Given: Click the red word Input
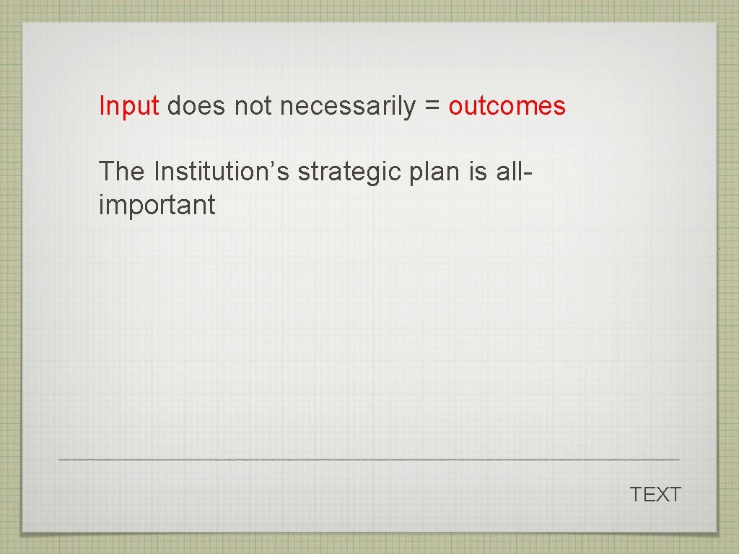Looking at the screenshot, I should [x=128, y=107].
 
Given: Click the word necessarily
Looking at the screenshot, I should [x=348, y=107].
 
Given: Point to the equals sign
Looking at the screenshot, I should [x=432, y=107].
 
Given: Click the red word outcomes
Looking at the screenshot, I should [x=507, y=107].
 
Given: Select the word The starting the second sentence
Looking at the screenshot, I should [x=122, y=172].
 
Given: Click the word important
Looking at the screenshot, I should [x=157, y=206].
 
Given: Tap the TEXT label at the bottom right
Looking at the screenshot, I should [x=655, y=495].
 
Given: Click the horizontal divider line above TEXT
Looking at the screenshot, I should [x=368, y=460].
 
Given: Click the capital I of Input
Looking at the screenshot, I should [x=102, y=107].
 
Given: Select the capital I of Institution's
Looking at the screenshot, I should [x=157, y=172].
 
